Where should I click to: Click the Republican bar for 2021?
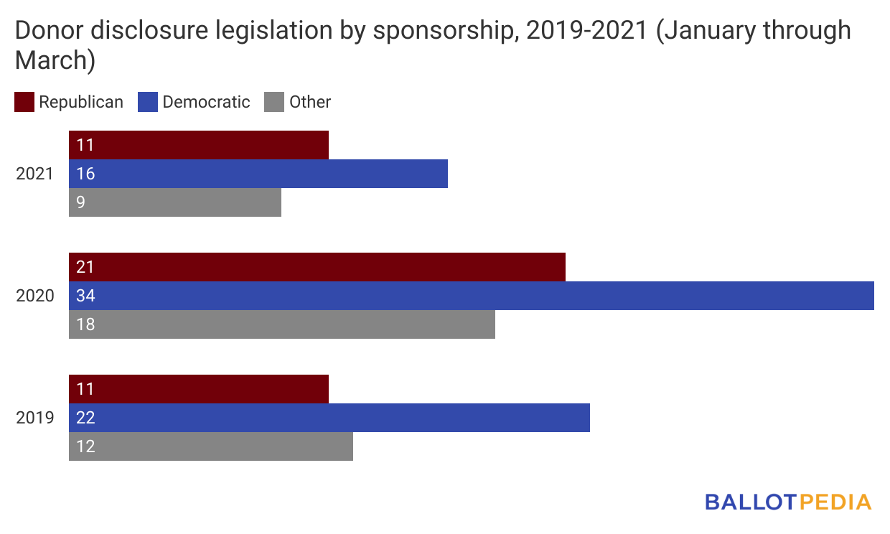click(x=199, y=145)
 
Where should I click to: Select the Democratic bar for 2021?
click(x=258, y=174)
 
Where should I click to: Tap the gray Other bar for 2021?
click(x=175, y=202)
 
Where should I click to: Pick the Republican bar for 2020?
click(x=317, y=267)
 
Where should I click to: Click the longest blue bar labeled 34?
click(x=472, y=296)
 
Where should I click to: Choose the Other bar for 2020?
click(x=282, y=324)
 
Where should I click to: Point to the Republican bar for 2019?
click(x=199, y=389)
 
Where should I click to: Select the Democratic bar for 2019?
click(x=329, y=418)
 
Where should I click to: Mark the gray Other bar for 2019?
click(x=211, y=446)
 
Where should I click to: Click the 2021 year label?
click(x=35, y=174)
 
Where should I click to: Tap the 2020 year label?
click(x=35, y=296)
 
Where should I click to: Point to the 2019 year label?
click(x=35, y=418)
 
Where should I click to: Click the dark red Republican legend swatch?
click(x=24, y=102)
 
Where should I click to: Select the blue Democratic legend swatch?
click(x=148, y=102)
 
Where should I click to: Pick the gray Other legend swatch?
click(x=275, y=102)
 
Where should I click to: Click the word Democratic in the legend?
click(x=206, y=102)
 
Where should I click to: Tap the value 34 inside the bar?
click(x=85, y=296)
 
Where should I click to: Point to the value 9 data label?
click(x=80, y=202)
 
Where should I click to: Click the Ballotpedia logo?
click(x=787, y=502)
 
